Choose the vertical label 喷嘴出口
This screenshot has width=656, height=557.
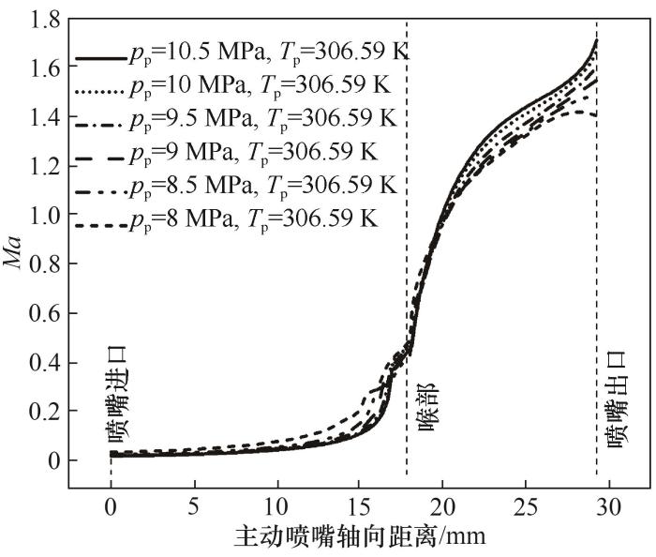coord(616,400)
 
